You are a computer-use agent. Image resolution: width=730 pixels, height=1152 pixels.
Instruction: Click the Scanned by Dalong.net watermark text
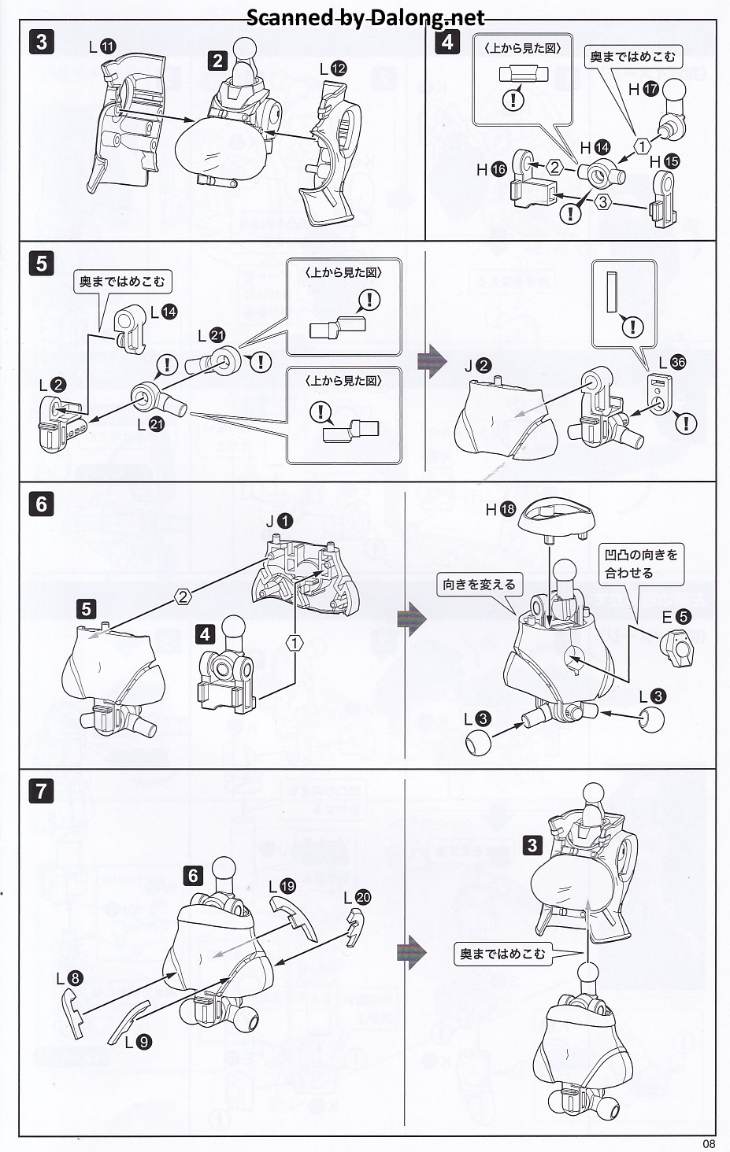tap(365, 17)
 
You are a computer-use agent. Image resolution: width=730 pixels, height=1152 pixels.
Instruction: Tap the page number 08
tap(709, 1143)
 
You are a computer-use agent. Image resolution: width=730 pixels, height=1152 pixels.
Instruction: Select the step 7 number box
tap(42, 790)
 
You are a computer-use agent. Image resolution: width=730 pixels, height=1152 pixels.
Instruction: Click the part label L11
tap(102, 46)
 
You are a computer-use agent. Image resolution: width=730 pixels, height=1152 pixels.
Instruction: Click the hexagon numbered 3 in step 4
tap(602, 202)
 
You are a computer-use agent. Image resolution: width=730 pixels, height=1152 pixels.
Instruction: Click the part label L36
tap(672, 362)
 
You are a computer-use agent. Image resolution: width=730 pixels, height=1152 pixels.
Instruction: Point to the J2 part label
tap(478, 366)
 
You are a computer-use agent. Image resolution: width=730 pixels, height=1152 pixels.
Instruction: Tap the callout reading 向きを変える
tap(479, 585)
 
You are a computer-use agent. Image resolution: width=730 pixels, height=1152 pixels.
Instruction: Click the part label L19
tap(282, 887)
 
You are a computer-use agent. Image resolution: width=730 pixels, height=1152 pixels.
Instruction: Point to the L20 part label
tap(357, 898)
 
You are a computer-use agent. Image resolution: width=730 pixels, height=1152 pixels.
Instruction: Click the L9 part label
tap(139, 1042)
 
